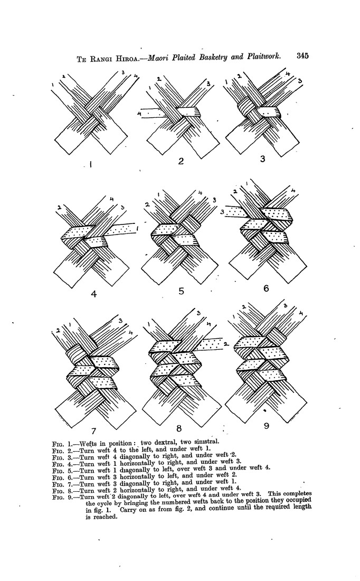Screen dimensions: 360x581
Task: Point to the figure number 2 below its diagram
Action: click(x=181, y=161)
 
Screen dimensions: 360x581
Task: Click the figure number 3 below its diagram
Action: click(x=262, y=159)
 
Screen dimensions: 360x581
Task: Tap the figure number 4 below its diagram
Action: click(x=94, y=294)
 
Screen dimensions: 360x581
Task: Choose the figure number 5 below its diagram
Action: click(x=181, y=291)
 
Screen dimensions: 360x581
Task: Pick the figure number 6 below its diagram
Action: click(x=266, y=288)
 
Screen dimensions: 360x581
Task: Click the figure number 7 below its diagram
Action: click(x=94, y=430)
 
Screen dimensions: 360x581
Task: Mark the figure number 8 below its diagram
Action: click(x=179, y=429)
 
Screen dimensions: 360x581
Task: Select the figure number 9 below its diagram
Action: click(x=266, y=426)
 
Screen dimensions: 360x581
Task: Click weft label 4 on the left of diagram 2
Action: click(x=139, y=114)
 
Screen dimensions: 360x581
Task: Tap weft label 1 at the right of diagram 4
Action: click(x=137, y=229)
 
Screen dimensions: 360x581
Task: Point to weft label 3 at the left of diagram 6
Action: click(x=222, y=212)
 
